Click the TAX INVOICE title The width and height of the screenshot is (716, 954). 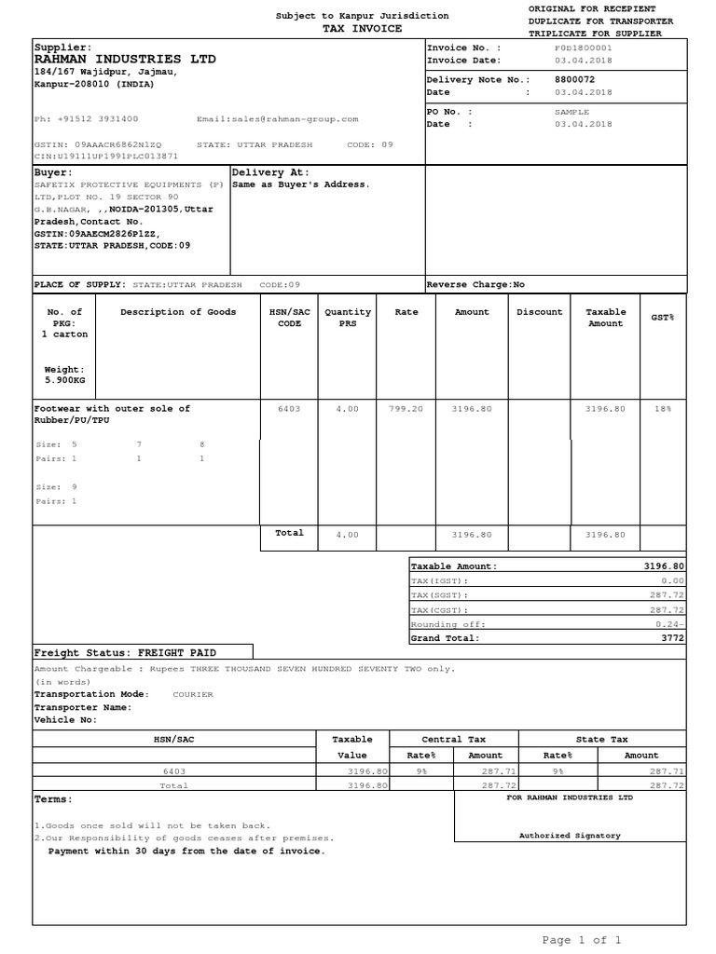[x=362, y=29]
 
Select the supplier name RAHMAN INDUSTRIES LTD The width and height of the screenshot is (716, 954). [x=125, y=60]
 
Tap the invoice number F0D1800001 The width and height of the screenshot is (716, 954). [x=583, y=47]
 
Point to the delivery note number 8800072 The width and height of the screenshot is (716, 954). [x=574, y=80]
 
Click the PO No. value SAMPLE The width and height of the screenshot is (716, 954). [x=571, y=111]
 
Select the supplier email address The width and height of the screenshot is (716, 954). [x=277, y=119]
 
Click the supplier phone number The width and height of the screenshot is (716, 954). [x=86, y=119]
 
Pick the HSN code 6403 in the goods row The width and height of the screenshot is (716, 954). [x=290, y=409]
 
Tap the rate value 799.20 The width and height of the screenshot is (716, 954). [x=406, y=409]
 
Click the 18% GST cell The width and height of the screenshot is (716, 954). [x=662, y=409]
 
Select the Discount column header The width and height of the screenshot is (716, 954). [x=539, y=312]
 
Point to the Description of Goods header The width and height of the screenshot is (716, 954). [x=178, y=312]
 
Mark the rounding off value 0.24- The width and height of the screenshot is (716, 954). [x=669, y=624]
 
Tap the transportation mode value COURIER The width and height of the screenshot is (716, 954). [x=193, y=694]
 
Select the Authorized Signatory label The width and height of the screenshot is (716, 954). [x=569, y=836]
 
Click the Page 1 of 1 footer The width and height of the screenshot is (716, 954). [x=582, y=940]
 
